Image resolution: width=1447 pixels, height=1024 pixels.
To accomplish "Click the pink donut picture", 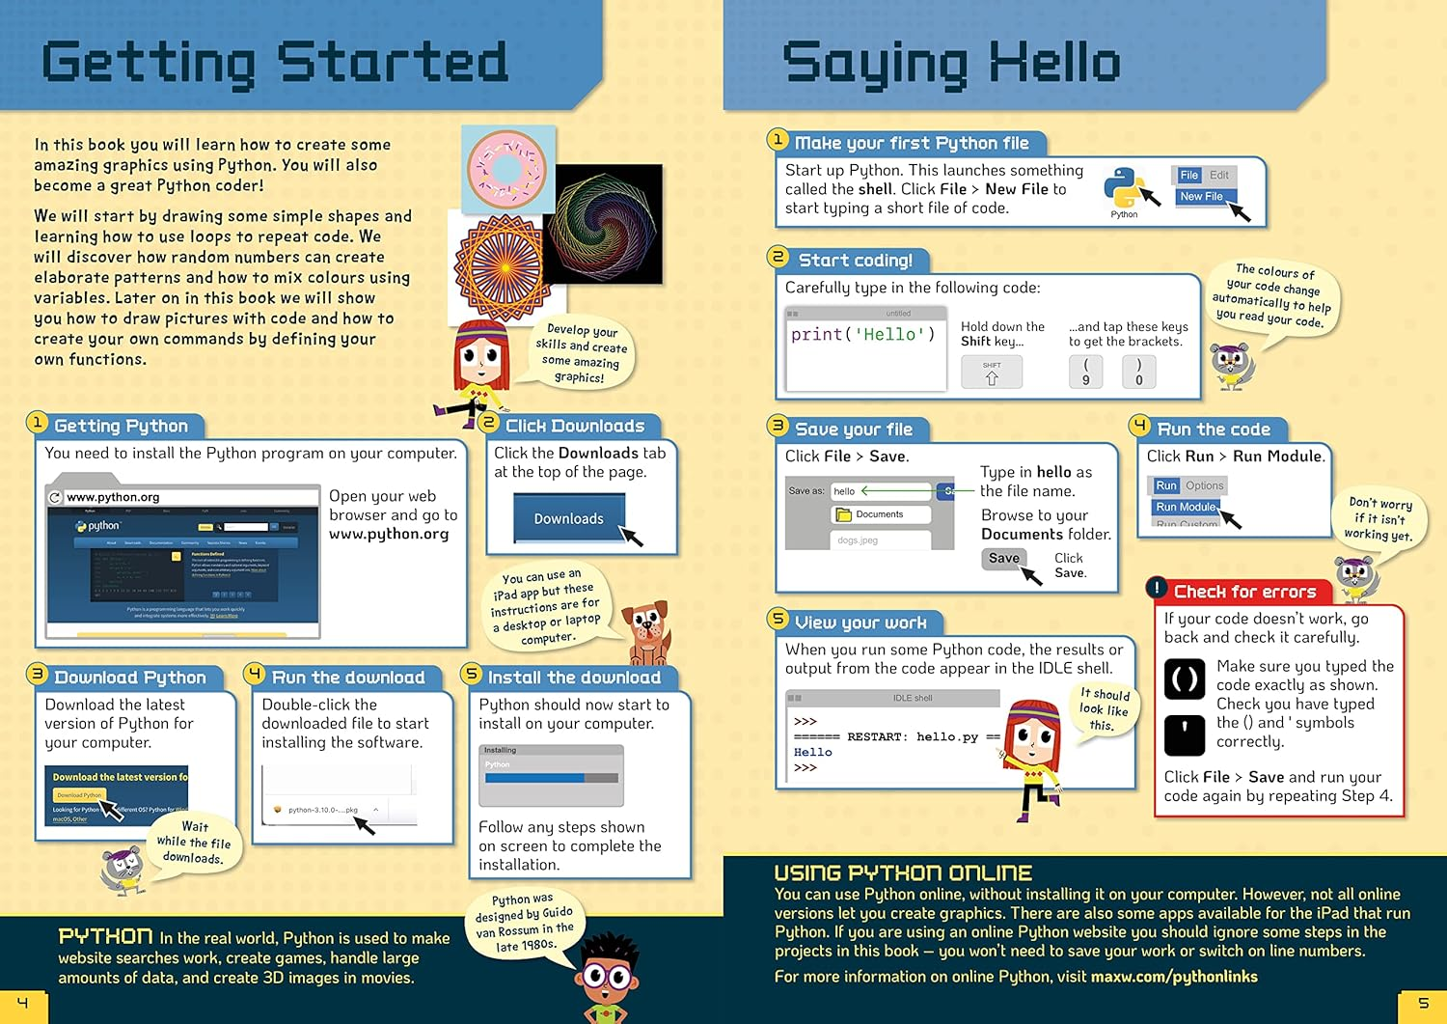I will point(506,169).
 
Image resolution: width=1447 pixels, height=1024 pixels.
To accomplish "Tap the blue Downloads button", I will point(568,518).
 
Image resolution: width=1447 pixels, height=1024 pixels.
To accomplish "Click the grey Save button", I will point(1003,558).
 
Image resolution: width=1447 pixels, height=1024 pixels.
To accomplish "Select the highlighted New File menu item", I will point(1201,197).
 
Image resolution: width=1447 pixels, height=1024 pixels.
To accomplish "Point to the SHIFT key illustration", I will point(992,373).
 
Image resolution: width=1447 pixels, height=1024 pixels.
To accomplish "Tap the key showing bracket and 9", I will point(1085,373).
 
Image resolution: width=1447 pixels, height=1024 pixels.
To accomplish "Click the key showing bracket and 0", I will point(1138,373).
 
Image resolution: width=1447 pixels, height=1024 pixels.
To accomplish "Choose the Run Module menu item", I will point(1186,507).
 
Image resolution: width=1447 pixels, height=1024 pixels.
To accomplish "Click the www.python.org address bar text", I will point(113,497).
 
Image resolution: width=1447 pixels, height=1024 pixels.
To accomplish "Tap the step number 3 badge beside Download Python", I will point(38,674).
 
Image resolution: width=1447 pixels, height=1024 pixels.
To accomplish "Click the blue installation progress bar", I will point(534,778).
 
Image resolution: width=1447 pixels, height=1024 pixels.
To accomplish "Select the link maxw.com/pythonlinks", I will point(1174,977).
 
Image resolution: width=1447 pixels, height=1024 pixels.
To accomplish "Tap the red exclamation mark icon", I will point(1158,588).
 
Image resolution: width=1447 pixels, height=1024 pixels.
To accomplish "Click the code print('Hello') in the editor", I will point(862,335).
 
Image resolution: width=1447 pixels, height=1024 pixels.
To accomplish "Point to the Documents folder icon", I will point(844,514).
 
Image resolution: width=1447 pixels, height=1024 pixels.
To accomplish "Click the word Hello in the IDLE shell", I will point(812,752).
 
